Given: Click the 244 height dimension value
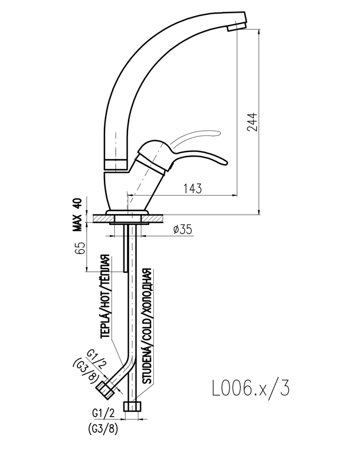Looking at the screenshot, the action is pos(253,122).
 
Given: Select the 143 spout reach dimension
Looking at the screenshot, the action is pos(192,189).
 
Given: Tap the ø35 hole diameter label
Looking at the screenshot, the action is pos(183,230).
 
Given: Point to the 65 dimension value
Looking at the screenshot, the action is pos(82,248).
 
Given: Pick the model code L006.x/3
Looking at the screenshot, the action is pos(251,388).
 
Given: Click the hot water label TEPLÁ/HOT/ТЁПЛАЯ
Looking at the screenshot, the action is pos(106,296).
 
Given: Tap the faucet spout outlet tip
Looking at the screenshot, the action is pos(237,26).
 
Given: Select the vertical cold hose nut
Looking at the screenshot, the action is pos(133,407).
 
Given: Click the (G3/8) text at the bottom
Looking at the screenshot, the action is pos(103,429).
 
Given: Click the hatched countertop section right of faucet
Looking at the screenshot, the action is pos(152,218).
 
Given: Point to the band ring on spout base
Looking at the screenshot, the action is pos(117,164).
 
